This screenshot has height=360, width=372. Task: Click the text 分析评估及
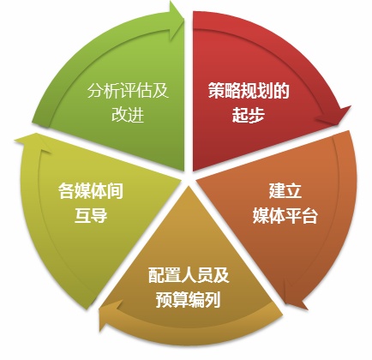pos(128,91)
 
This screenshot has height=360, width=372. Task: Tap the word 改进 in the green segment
pos(128,115)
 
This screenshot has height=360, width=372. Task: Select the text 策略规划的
pos(249,91)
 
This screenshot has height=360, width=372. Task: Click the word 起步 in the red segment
pos(249,115)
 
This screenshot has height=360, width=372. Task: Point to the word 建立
pos(285,191)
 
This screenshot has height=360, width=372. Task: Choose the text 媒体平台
pos(285,215)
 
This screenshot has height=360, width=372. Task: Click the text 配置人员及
pos(189,275)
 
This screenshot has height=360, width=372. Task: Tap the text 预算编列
pos(189,299)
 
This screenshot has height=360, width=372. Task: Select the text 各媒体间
pos(91,191)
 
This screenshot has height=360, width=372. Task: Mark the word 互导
pos(91,215)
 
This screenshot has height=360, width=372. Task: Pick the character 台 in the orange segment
pos(309,215)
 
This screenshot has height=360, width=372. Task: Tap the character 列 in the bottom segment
pos(213,299)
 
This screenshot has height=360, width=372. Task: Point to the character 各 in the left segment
pos(66,191)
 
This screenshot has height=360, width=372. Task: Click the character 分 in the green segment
pos(95,91)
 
